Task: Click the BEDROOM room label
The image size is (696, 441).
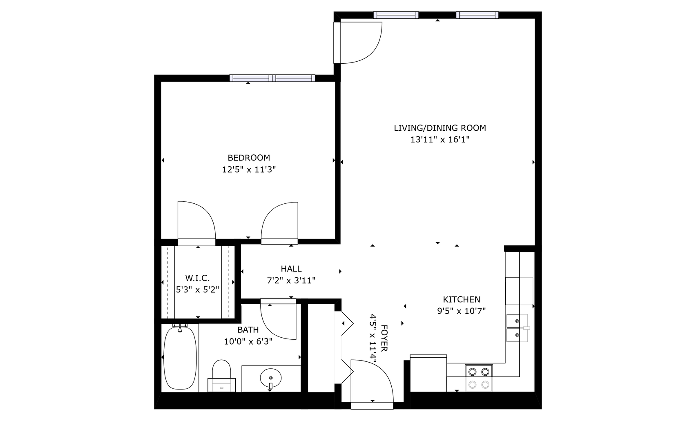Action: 249,158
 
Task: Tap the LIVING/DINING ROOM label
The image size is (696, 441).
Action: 439,128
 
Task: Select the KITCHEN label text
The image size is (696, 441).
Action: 462,299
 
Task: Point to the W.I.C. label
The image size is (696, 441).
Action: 197,278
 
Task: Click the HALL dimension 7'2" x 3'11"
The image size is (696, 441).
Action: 291,281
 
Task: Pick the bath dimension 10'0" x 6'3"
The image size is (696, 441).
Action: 248,342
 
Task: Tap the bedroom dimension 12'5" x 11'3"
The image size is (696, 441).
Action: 249,169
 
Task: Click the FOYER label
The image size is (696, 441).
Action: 384,338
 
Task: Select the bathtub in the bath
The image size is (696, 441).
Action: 180,357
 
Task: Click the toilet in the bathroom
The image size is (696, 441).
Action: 221,376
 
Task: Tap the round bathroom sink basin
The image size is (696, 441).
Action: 271,378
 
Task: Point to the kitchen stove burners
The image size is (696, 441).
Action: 479,378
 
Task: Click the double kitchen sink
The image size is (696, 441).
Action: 517,328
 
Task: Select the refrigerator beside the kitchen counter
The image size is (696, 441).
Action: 428,373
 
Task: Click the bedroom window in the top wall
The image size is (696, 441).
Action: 272,78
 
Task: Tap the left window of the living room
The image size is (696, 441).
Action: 396,15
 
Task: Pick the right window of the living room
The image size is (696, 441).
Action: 477,15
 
